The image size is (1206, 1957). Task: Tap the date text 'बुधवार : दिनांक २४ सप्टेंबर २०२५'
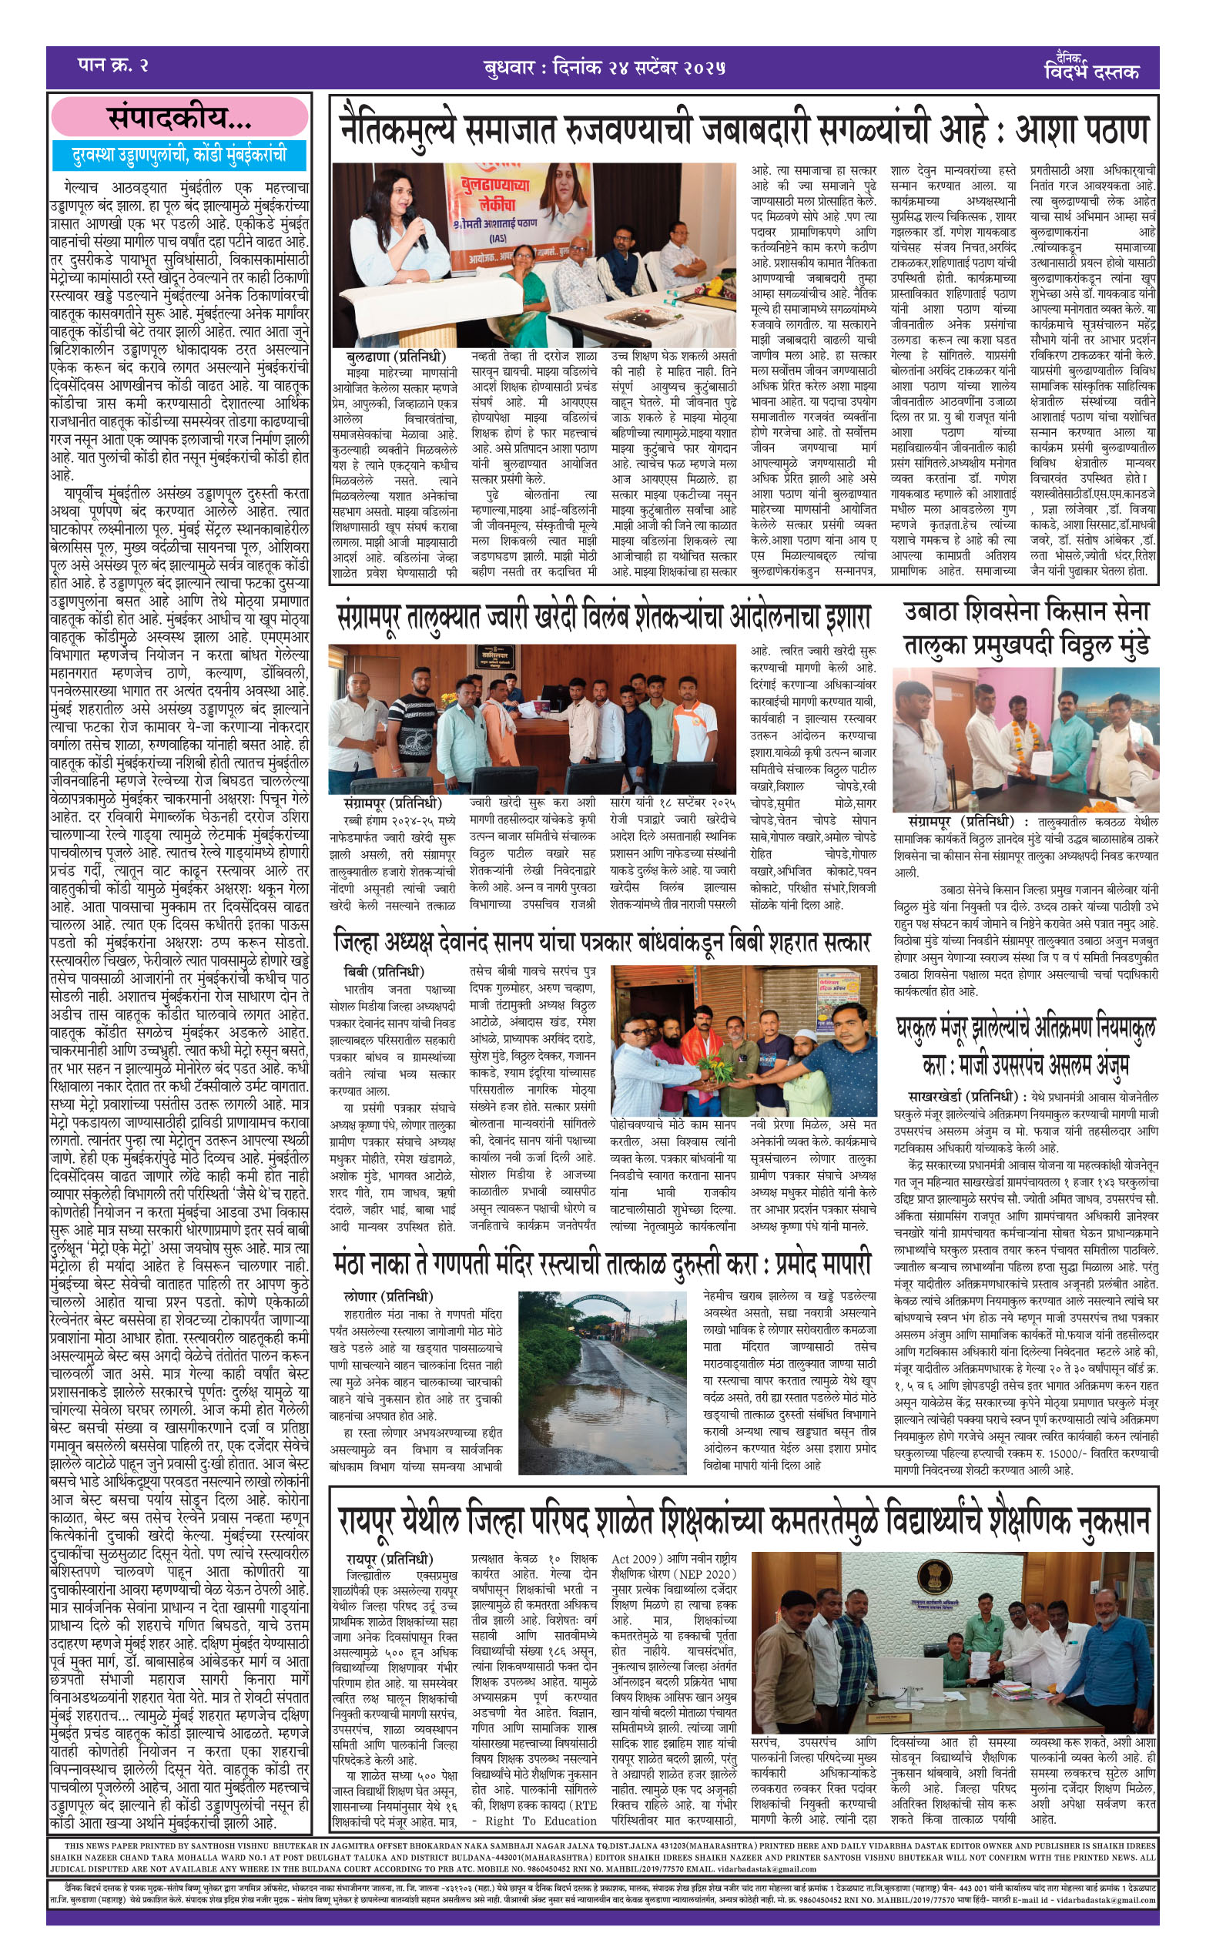(604, 68)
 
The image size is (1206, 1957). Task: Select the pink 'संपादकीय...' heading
(179, 118)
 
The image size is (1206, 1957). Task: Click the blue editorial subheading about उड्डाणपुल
(179, 154)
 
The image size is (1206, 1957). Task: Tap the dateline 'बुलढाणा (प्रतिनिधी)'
(396, 357)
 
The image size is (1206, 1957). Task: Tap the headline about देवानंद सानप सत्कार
(602, 942)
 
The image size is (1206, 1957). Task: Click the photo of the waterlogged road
(603, 1380)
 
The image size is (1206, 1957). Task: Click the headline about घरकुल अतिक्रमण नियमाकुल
(1026, 1045)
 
